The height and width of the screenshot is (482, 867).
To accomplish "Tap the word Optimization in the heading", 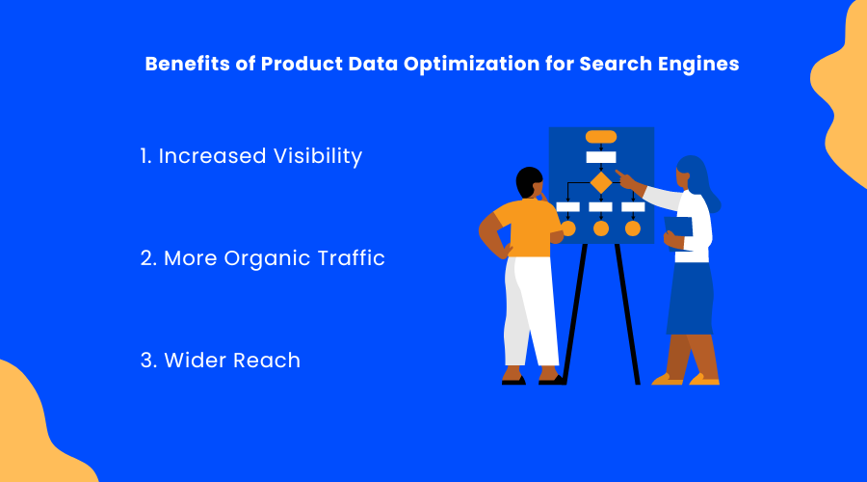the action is point(471,65).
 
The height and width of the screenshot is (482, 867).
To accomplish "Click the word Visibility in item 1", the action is point(318,156).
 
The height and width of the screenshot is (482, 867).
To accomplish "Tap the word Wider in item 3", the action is point(196,361).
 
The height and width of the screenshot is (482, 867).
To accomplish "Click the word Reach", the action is point(267,361).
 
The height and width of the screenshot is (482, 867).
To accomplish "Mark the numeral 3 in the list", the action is point(146,361).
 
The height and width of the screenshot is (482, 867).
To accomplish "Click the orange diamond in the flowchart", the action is point(601,182).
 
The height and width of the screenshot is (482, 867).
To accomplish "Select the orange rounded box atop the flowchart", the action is point(601,137).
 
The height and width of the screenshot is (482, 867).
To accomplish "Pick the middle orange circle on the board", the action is point(601,228).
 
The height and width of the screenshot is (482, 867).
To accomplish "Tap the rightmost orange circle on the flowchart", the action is point(633,228).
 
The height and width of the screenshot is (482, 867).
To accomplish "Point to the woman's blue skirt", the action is point(690,299).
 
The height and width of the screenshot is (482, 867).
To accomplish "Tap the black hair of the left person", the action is point(528,181).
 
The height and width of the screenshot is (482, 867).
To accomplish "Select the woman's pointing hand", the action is point(625,178).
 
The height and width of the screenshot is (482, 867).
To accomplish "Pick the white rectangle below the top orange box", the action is point(601,157).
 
